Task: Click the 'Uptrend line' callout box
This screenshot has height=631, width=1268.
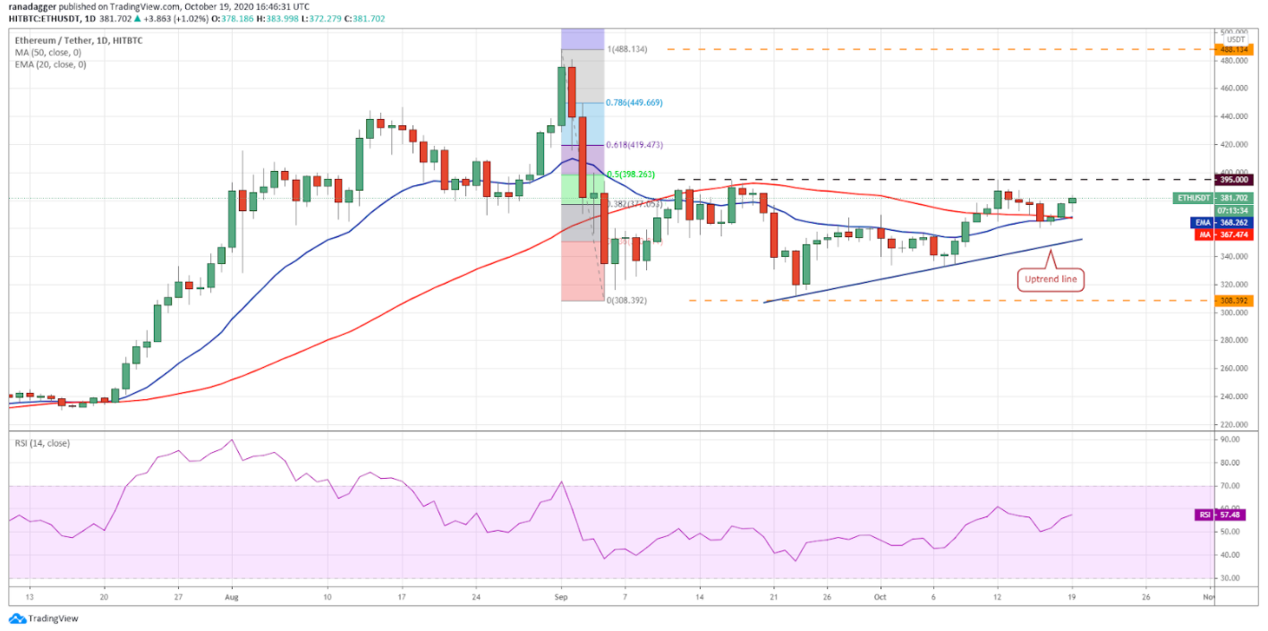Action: [x=1051, y=279]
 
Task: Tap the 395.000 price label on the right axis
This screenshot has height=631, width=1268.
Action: [x=1235, y=180]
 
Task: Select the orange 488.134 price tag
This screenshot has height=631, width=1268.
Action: [x=1235, y=50]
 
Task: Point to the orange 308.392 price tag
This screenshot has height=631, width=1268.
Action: [x=1235, y=301]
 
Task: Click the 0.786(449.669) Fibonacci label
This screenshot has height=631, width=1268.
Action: [x=634, y=103]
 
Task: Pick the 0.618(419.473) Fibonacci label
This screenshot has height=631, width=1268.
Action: [x=634, y=144]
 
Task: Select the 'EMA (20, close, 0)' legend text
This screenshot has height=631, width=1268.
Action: [x=51, y=64]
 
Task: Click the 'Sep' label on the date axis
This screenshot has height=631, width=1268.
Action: [x=561, y=595]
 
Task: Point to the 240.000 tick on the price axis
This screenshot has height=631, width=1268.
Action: [x=1233, y=397]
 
